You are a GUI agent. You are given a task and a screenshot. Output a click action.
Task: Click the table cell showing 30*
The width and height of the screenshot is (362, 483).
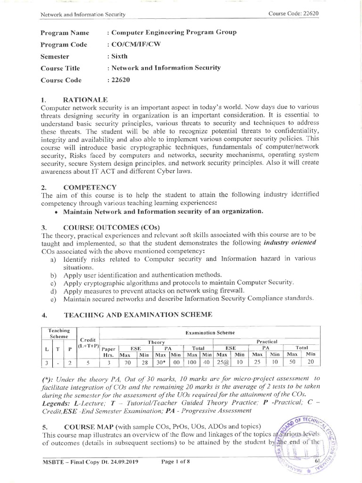coord(161,362)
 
